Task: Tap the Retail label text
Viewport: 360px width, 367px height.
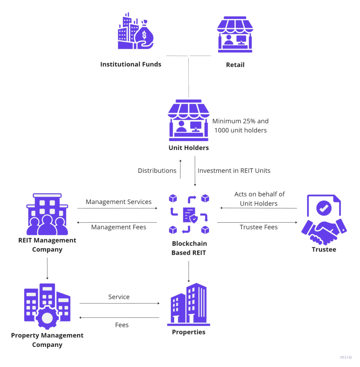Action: click(235, 65)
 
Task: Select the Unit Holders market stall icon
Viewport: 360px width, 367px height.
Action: click(189, 120)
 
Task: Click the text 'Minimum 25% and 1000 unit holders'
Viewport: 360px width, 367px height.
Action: click(240, 126)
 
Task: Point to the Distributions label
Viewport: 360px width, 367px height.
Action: click(157, 171)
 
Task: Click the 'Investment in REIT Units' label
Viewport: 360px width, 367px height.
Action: click(234, 171)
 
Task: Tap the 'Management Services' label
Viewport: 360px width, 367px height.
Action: click(119, 202)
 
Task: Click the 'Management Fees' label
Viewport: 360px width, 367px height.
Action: click(119, 227)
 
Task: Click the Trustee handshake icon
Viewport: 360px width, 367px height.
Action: click(323, 220)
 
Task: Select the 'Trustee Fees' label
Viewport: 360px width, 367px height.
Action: click(259, 227)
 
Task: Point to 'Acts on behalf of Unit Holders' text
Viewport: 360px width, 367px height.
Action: click(259, 199)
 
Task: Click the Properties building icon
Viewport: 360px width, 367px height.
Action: click(189, 305)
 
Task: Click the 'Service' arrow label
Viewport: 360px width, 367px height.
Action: click(119, 297)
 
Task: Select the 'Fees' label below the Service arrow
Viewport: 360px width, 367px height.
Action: click(122, 325)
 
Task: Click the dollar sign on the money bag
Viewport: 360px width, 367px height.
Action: click(144, 35)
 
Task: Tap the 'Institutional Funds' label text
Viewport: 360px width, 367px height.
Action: click(131, 65)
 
